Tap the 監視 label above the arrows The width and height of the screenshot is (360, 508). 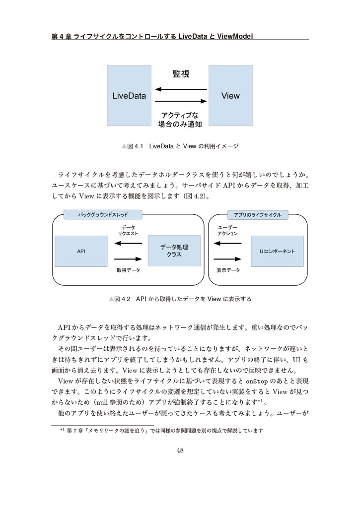point(181,74)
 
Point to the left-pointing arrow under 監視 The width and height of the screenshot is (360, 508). point(180,89)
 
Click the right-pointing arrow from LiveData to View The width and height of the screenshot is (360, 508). point(180,102)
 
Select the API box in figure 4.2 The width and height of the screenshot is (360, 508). point(81,251)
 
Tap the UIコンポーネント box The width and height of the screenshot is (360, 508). point(277,251)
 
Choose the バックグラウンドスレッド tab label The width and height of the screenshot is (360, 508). point(103,215)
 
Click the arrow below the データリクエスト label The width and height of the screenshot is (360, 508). point(128,243)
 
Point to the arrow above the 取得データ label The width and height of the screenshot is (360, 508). point(128,258)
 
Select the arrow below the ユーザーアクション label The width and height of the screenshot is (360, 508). point(228,243)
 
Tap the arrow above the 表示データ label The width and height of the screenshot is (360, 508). point(228,258)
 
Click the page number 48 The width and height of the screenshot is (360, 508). point(180,450)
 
